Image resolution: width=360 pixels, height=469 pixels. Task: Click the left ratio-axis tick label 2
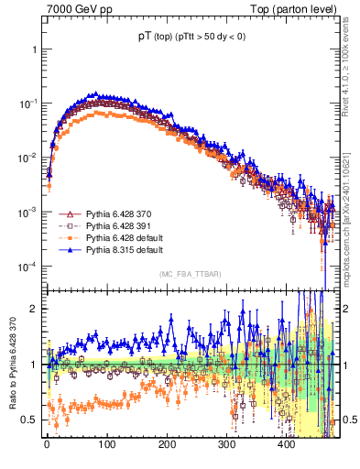(x=34, y=309)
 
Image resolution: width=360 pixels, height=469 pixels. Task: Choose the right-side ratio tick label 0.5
(x=349, y=419)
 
